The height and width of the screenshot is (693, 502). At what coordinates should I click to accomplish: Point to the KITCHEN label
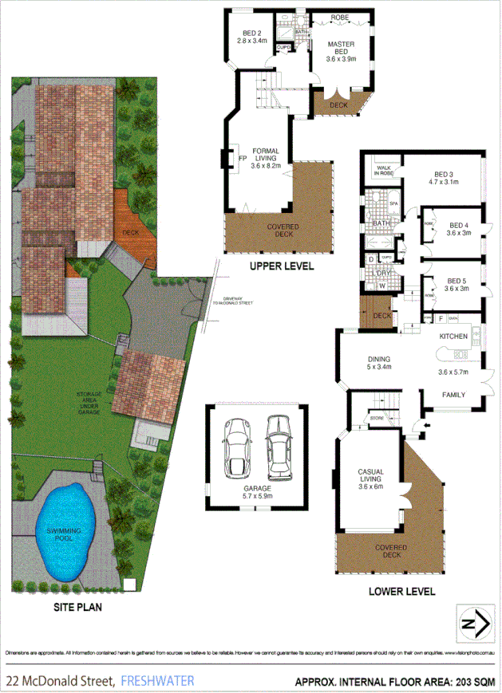pos(453,337)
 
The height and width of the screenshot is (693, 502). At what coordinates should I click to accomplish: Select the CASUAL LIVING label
pos(371,476)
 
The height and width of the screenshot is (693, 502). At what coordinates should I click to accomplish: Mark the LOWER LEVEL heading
pos(401,592)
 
